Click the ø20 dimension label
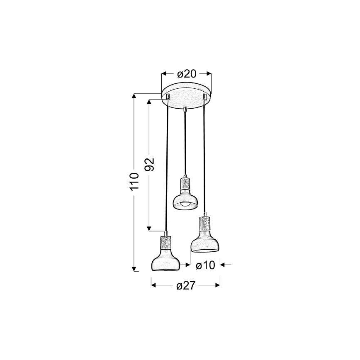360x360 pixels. point(187,74)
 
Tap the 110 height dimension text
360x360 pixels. point(134,182)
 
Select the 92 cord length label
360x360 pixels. point(149,164)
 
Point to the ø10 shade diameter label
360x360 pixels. point(205,265)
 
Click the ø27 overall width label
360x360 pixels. point(186,286)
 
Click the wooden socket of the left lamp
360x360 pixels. point(166,243)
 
